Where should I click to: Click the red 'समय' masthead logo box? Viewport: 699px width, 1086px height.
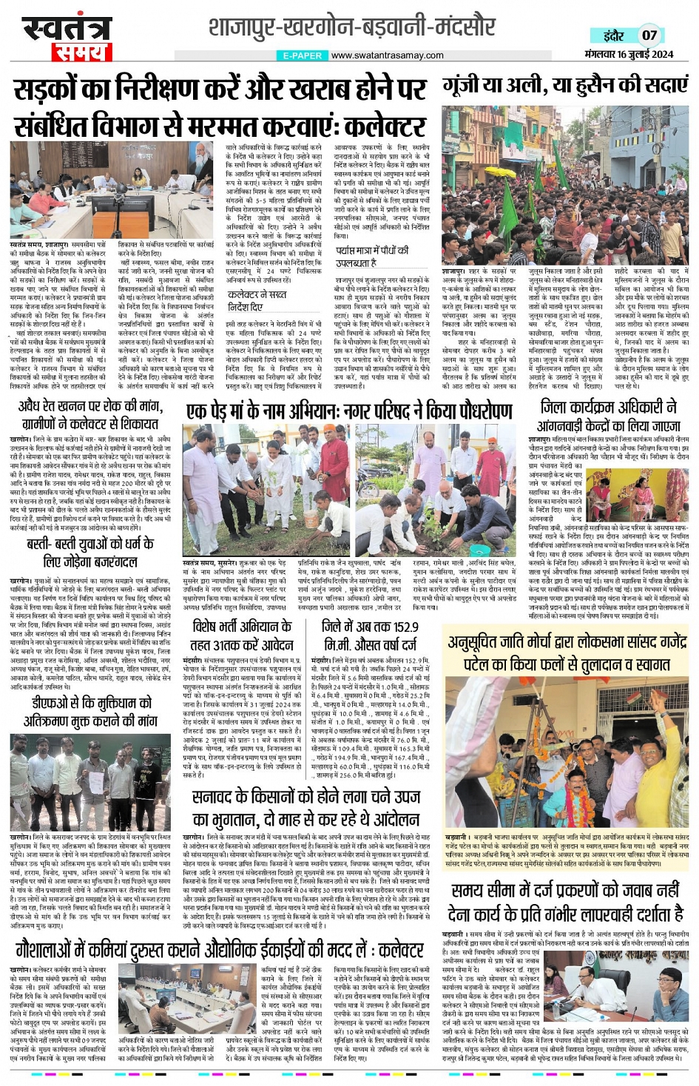click(81, 52)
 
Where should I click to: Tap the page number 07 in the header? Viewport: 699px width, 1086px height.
click(649, 35)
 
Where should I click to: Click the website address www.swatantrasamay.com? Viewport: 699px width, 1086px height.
click(387, 55)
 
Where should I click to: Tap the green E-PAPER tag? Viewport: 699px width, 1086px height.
click(302, 55)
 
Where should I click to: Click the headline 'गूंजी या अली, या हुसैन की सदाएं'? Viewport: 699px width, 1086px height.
click(565, 87)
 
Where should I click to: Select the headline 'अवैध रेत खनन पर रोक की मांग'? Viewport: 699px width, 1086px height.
click(89, 406)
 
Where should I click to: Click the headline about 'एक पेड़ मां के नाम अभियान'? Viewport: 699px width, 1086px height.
click(349, 411)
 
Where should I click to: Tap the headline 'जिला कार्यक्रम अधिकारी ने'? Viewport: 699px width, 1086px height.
click(608, 407)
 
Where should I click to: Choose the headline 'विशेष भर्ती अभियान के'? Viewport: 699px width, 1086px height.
click(242, 627)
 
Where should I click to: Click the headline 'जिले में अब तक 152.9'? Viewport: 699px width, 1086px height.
click(370, 627)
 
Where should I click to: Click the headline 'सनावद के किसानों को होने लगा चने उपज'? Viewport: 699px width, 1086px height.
click(305, 796)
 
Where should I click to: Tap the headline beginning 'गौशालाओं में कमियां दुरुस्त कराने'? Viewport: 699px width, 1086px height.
click(220, 949)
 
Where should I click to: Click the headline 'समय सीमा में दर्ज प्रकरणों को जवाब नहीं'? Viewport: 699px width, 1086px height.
click(566, 889)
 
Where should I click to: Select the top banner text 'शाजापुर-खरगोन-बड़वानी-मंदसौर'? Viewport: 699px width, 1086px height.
click(351, 28)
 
